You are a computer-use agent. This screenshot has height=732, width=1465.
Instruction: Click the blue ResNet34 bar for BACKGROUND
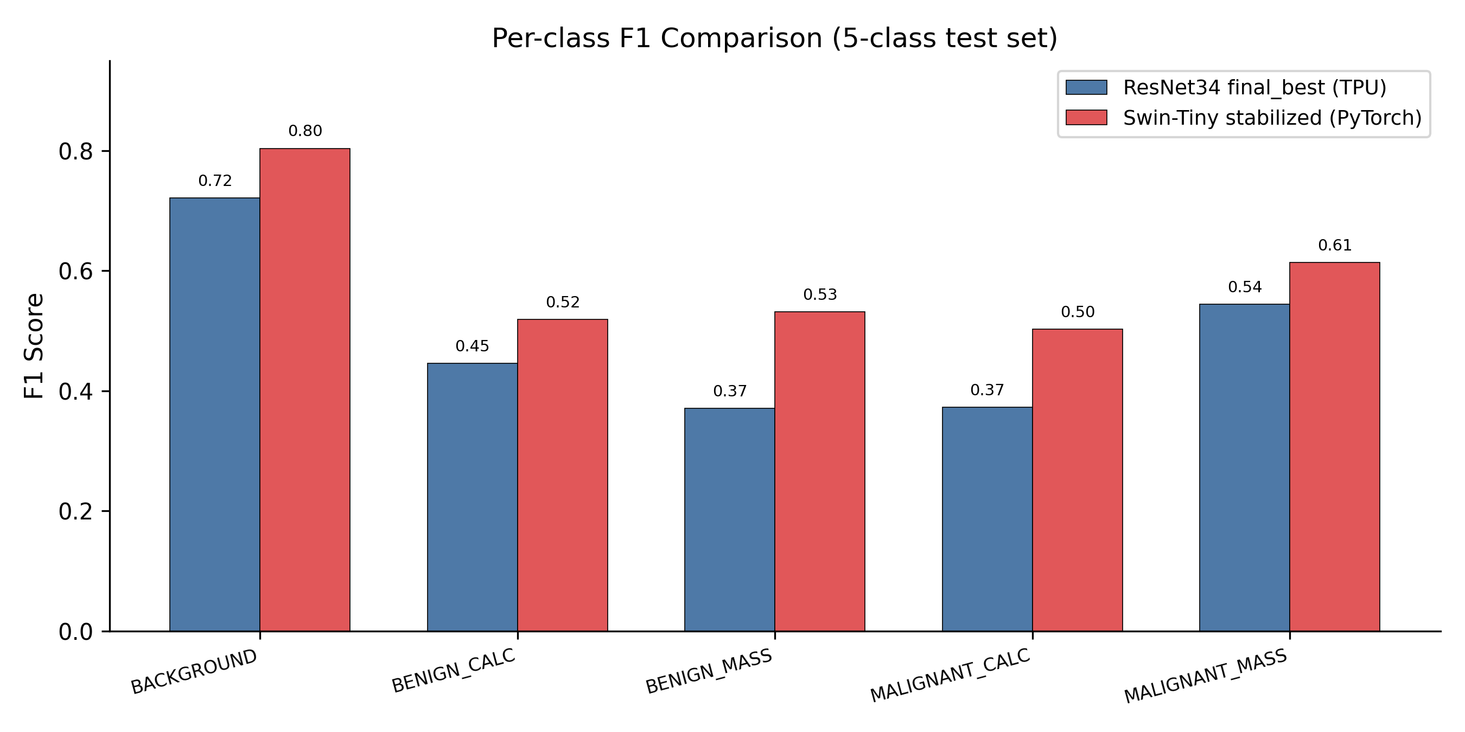click(214, 414)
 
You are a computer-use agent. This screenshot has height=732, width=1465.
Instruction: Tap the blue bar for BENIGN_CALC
click(472, 497)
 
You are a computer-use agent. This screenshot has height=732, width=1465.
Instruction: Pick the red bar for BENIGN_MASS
click(819, 471)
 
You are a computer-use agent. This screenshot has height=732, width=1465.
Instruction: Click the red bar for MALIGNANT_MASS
click(1334, 447)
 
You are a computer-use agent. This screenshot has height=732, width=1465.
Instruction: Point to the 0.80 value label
click(305, 131)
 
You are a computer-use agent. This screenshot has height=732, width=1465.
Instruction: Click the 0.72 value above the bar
click(215, 181)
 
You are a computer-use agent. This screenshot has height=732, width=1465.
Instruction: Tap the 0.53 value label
click(819, 294)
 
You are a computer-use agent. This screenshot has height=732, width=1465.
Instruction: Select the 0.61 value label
click(1334, 245)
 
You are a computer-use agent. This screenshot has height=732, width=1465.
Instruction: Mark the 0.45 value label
click(472, 345)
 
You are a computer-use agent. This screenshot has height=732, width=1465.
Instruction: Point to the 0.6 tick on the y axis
click(75, 271)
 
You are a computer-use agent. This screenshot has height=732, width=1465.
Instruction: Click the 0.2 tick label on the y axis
click(75, 511)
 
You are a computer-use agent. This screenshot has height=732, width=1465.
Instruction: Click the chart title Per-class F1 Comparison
click(774, 38)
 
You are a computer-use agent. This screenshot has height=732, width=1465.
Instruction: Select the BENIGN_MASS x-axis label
click(709, 671)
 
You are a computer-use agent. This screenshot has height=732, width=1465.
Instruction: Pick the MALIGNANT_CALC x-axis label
click(950, 675)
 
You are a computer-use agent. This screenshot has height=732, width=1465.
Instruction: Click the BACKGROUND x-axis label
click(194, 671)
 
